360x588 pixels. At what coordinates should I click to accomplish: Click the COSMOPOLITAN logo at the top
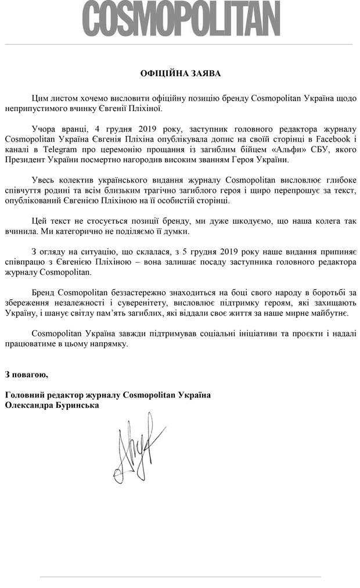(x=181, y=21)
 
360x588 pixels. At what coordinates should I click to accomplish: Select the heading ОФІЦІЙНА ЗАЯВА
(x=181, y=74)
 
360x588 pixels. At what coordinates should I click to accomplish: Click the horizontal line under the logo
(x=181, y=44)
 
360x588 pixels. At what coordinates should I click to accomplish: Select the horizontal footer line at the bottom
(x=181, y=576)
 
